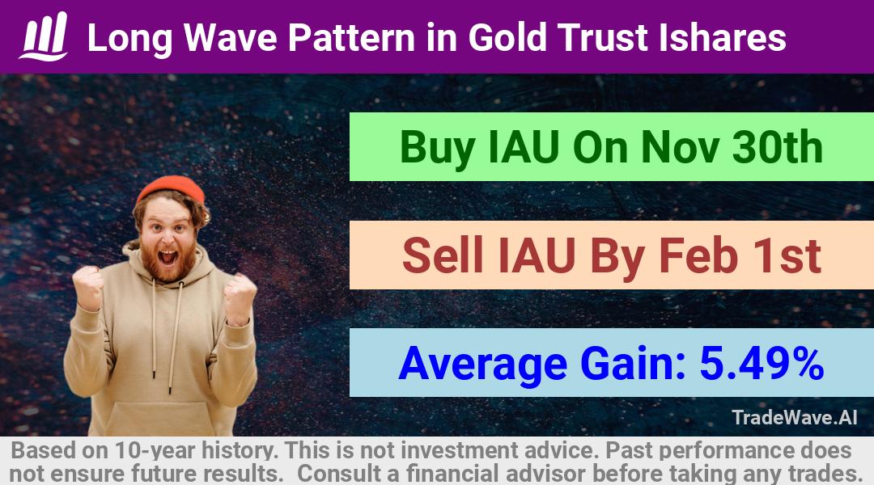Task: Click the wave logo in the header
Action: [x=44, y=36]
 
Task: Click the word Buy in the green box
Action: [x=438, y=149]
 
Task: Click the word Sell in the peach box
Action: [x=443, y=255]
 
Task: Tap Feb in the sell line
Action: [x=698, y=255]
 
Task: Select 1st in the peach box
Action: [x=787, y=255]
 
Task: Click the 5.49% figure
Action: [x=762, y=363]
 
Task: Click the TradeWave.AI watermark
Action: [x=795, y=417]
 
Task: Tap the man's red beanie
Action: [x=171, y=188]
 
